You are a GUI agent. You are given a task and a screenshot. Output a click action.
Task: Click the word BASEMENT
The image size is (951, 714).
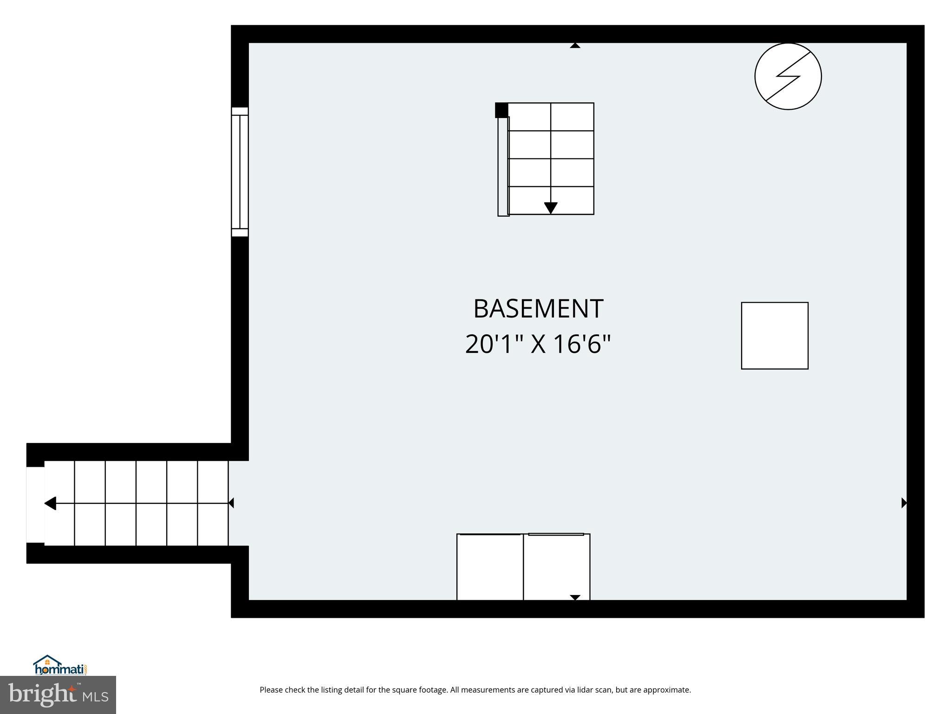[538, 309]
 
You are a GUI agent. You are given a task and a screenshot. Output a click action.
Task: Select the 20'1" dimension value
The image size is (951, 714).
[494, 345]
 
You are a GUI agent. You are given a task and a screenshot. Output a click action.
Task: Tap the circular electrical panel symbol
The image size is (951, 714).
[788, 76]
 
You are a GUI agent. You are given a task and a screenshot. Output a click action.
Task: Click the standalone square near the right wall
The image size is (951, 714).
[774, 336]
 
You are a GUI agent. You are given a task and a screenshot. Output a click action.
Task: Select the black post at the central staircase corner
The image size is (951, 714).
[502, 110]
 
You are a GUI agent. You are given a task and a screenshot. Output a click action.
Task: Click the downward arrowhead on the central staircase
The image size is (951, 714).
[550, 208]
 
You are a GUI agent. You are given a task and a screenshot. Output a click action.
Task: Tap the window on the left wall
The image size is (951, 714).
[240, 172]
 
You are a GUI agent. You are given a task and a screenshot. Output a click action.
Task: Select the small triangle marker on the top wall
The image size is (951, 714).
[575, 46]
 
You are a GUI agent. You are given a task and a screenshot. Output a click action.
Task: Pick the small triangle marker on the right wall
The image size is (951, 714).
[904, 503]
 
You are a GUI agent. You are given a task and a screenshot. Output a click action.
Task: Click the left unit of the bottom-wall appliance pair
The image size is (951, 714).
[490, 567]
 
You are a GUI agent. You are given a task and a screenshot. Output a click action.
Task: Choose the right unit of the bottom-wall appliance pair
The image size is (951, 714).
[556, 567]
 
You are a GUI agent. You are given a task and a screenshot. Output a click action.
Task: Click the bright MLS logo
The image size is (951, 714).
[58, 695]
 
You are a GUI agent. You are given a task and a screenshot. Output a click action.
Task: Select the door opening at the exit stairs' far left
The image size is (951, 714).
[35, 504]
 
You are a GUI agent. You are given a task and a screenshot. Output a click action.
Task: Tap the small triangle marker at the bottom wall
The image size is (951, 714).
[575, 598]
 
